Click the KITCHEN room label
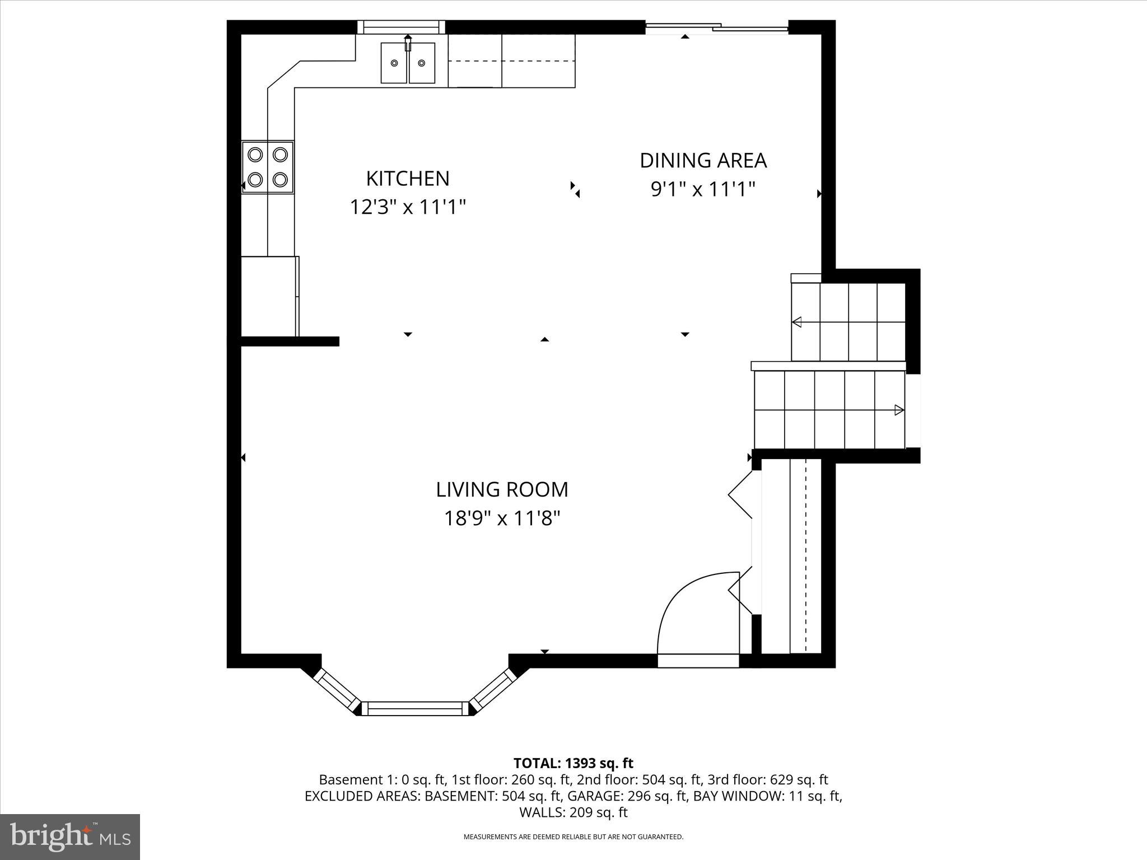pos(408,179)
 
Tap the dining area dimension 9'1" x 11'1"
pos(703,189)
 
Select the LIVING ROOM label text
pos(502,489)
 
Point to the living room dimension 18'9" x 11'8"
pos(502,518)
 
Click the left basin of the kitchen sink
pos(394,63)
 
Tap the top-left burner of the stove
pos(255,154)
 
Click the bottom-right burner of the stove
pos(280,180)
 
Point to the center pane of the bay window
pos(415,708)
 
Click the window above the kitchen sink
pos(400,27)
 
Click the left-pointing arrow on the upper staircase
pos(797,322)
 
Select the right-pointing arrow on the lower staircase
pos(899,410)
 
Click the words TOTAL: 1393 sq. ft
pos(573,763)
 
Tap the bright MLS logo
pos(70,837)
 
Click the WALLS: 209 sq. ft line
pos(573,812)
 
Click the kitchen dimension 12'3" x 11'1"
pos(408,208)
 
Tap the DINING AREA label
pos(703,161)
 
